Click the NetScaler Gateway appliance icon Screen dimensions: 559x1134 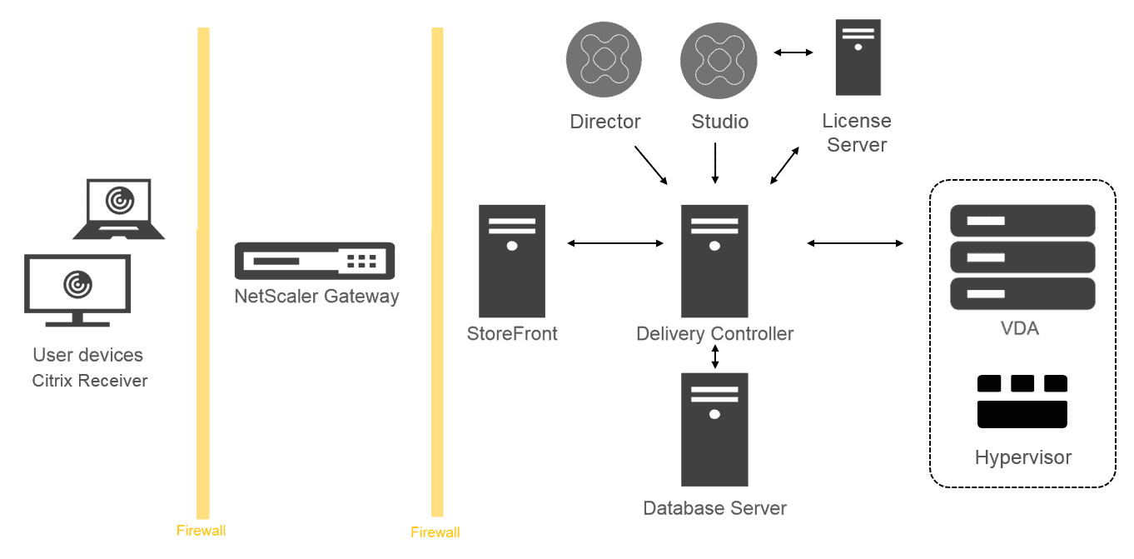click(315, 261)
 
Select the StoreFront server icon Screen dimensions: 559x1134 click(511, 261)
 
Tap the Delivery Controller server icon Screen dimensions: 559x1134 click(714, 261)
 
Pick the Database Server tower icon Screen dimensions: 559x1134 click(714, 429)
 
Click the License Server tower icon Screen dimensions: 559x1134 click(858, 57)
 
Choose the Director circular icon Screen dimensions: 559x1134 click(604, 60)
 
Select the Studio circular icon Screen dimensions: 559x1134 click(719, 60)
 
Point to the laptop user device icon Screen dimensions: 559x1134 click(118, 208)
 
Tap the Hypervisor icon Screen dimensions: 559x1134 click(1022, 402)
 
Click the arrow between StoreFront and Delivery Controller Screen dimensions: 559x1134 click(614, 243)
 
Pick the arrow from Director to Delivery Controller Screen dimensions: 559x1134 click(650, 165)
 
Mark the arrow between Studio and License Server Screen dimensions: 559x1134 click(793, 53)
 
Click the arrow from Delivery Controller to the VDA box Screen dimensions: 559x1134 click(855, 243)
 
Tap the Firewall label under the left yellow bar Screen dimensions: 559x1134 click(201, 531)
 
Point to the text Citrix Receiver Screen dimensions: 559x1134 click(90, 381)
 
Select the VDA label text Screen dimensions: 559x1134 click(1020, 328)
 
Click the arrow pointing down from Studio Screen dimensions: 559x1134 click(714, 163)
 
